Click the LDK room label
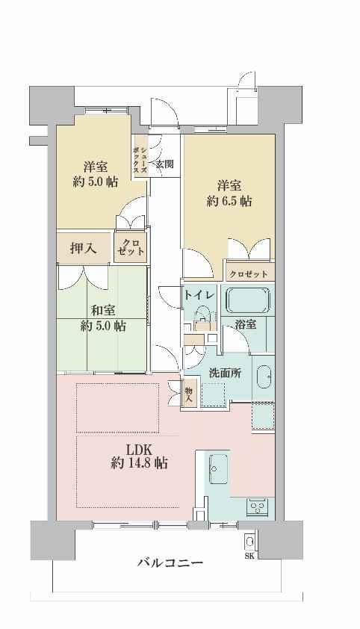click(139, 449)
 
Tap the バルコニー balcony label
click(170, 563)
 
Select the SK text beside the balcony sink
click(249, 556)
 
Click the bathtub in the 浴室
click(249, 300)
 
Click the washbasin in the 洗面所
click(264, 377)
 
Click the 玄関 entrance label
click(164, 164)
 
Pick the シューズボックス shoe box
click(141, 155)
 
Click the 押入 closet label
click(84, 249)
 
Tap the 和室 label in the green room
click(103, 311)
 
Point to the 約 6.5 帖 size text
click(229, 201)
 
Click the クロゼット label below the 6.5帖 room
click(249, 274)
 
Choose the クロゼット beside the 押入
click(131, 247)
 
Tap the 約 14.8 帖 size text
click(139, 464)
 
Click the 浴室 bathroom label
click(245, 324)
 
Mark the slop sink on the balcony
click(249, 542)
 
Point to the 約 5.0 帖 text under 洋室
click(96, 182)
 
